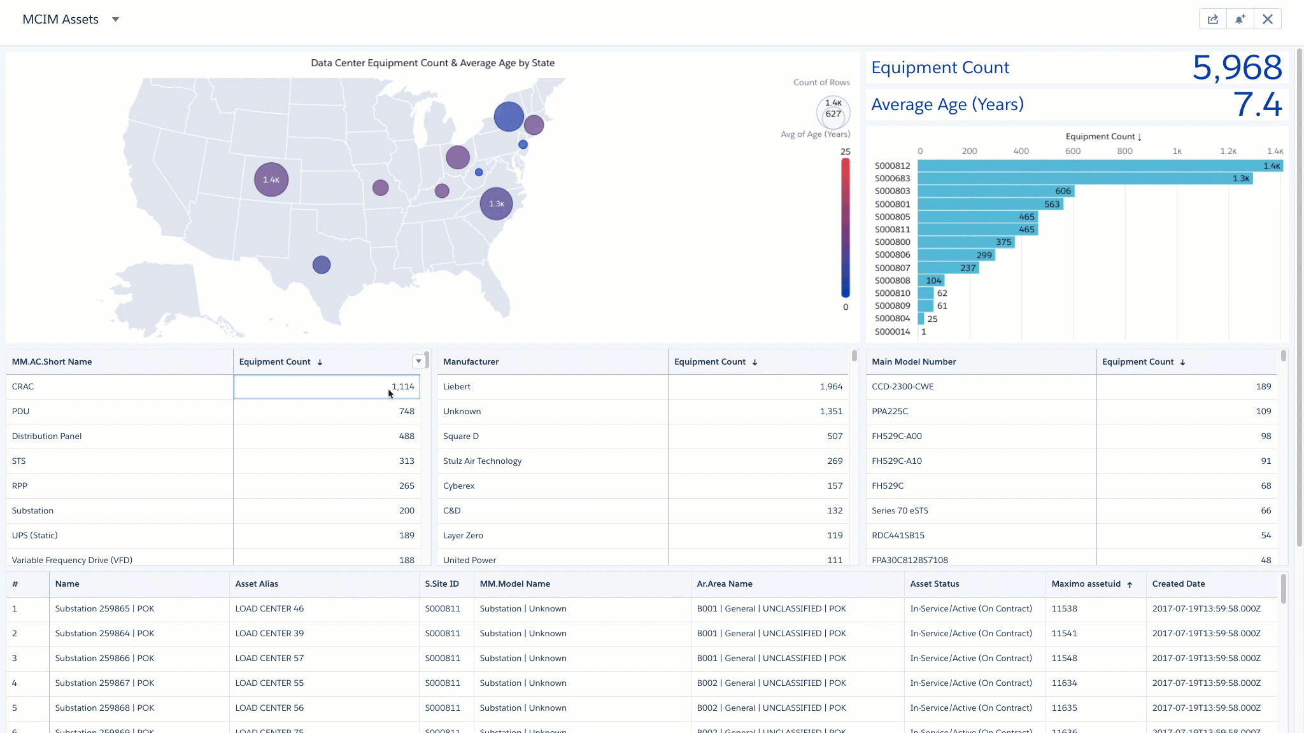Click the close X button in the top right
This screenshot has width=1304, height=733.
coord(1267,19)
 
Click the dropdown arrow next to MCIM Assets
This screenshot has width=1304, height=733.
coord(115,19)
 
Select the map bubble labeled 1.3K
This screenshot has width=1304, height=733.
coord(496,204)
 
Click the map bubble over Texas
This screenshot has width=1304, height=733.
coord(322,265)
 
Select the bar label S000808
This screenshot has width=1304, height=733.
coord(892,281)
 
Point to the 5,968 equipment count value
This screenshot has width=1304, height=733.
coord(1237,67)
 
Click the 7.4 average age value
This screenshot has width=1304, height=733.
coord(1257,104)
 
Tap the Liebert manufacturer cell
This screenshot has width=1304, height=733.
coord(457,387)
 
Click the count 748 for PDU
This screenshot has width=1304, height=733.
coord(406,412)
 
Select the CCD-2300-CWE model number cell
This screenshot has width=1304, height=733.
coord(903,387)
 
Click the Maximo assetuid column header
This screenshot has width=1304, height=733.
coord(1086,584)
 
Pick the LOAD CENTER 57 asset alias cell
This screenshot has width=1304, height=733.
coord(269,659)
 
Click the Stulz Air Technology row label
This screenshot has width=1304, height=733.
coord(482,461)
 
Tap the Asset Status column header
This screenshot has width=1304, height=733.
coord(934,584)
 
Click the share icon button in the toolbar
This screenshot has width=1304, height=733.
coord(1212,19)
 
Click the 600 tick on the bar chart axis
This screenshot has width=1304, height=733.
coord(1072,151)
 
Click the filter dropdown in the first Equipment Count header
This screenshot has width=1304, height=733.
coord(418,361)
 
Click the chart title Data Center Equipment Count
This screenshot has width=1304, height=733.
coord(432,63)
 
